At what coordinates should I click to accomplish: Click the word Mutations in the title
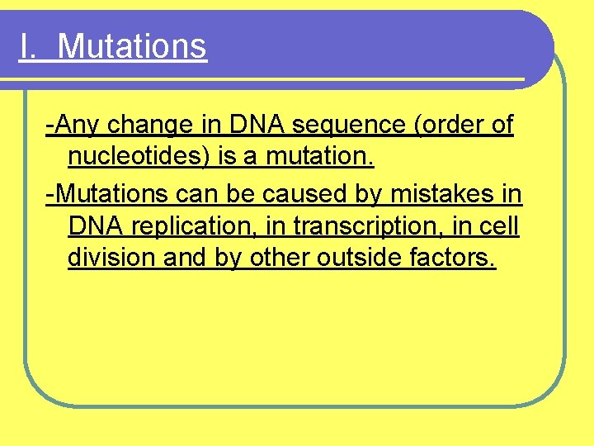132,46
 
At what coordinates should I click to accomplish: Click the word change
142,126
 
